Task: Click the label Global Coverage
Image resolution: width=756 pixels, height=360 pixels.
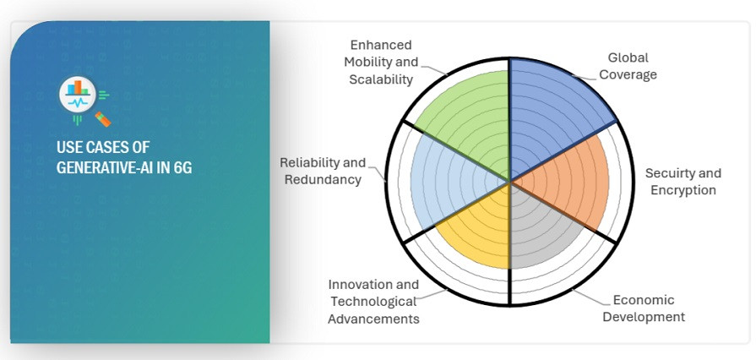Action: tap(628, 66)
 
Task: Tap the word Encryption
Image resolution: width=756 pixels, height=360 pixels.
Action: tap(683, 190)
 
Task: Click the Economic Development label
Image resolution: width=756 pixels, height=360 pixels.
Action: tap(644, 308)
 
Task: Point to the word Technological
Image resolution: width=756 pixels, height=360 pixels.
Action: tap(373, 302)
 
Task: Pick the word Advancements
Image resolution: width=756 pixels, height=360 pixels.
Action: tap(373, 319)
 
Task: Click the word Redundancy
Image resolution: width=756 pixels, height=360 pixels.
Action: tap(323, 179)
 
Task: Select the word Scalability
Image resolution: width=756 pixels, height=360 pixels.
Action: tap(381, 79)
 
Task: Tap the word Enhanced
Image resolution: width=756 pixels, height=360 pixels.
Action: tap(381, 45)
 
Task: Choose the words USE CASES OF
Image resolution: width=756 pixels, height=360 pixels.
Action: tap(103, 147)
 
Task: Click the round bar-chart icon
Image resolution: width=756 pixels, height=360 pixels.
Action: tap(78, 94)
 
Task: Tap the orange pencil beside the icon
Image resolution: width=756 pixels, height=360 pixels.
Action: tap(103, 119)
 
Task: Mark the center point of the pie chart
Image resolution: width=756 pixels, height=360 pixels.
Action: tap(509, 182)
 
